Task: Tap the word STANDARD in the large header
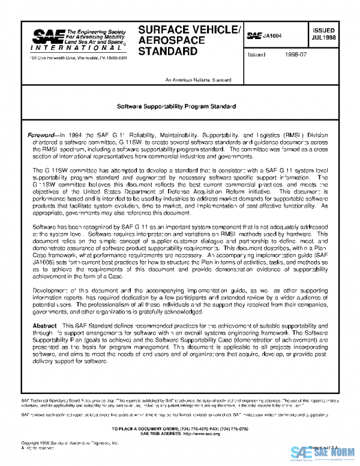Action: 167,52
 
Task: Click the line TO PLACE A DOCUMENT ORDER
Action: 180,426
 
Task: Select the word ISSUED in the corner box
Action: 323,29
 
